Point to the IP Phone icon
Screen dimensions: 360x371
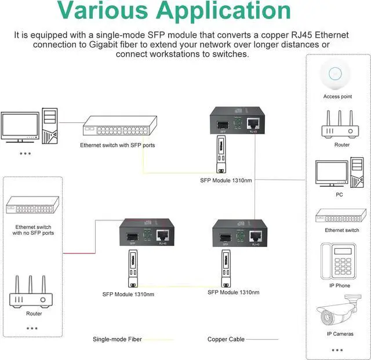point(336,262)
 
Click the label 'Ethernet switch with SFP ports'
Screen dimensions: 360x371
point(118,145)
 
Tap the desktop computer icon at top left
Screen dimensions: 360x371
point(28,125)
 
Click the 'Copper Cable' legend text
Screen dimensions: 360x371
point(226,339)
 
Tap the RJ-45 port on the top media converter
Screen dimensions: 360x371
point(253,123)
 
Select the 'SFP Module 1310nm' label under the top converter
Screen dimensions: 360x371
point(226,181)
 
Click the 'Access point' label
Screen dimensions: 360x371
point(337,97)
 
